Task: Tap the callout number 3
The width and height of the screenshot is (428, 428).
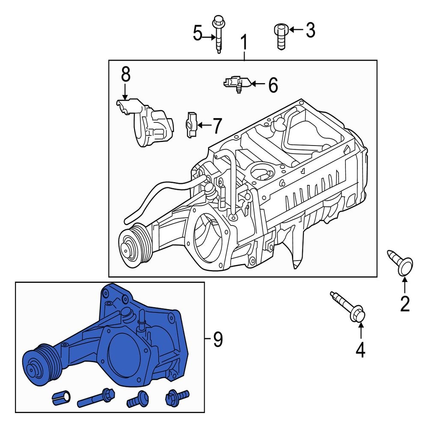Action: click(x=309, y=30)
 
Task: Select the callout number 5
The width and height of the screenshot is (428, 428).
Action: click(x=197, y=33)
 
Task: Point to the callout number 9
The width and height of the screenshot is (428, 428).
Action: click(x=218, y=340)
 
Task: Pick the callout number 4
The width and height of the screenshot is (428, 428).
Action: click(x=360, y=350)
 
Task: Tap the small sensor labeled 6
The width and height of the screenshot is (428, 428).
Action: click(x=235, y=82)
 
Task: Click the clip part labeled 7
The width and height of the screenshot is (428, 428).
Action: click(x=191, y=125)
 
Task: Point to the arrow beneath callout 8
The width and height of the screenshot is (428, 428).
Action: click(x=125, y=92)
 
